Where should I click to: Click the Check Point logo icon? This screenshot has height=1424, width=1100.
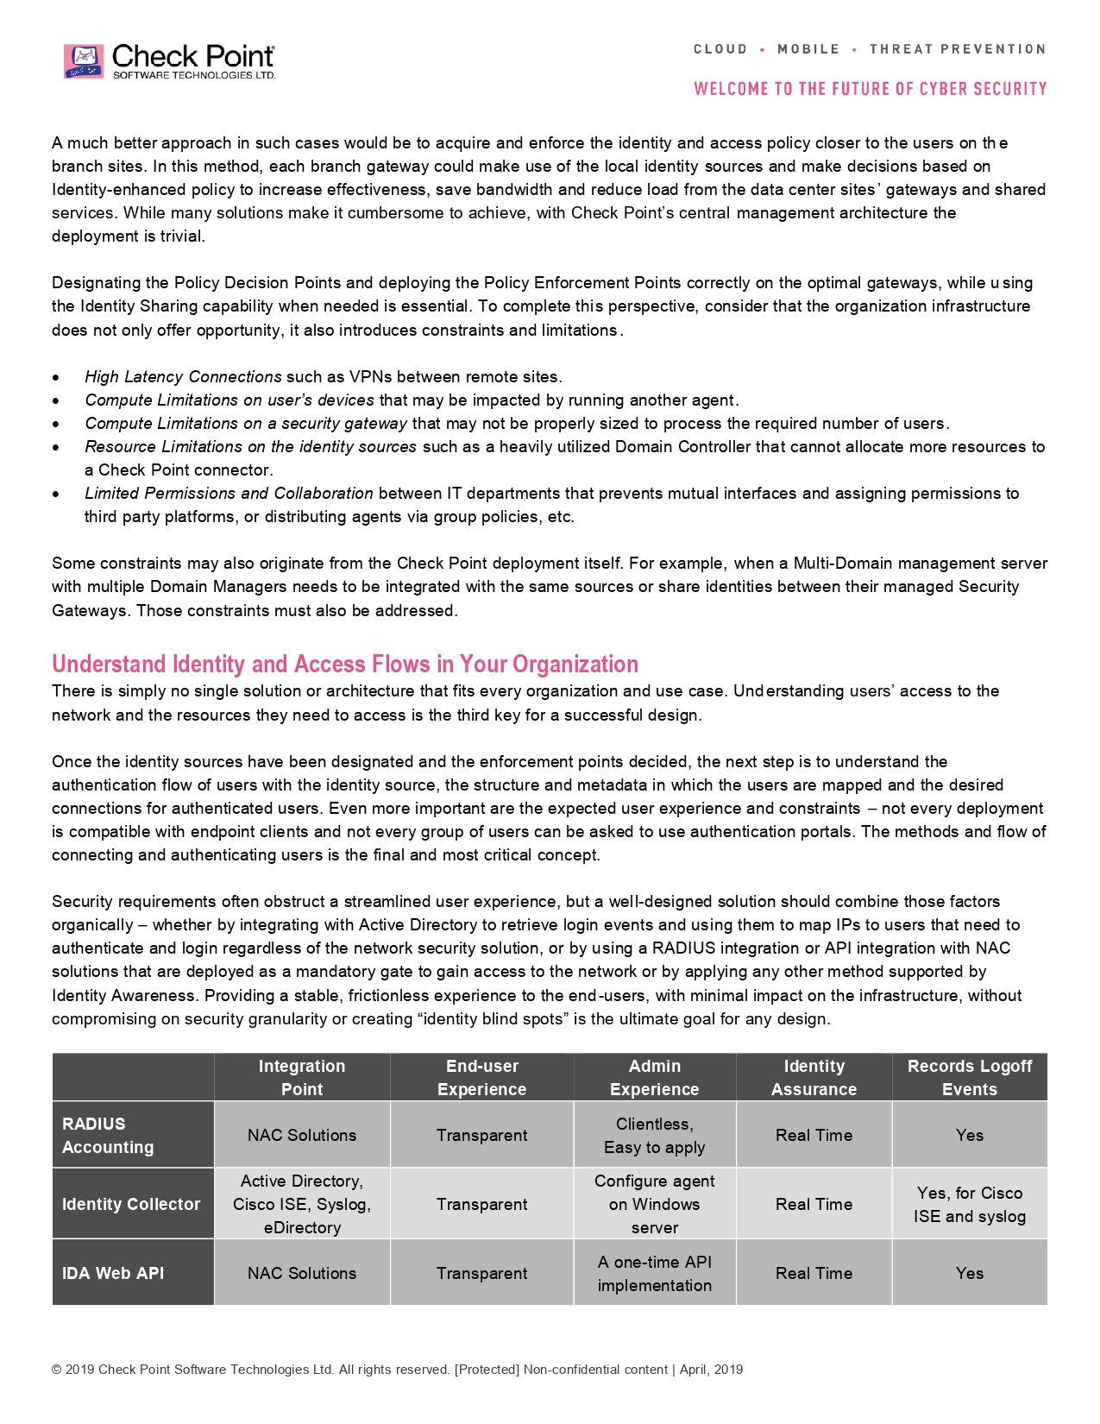pos(84,61)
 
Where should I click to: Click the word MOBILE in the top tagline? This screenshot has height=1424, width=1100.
pos(808,49)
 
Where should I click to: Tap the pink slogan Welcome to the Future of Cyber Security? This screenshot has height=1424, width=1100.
pos(870,89)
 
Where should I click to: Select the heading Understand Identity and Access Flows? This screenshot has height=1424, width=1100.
pos(344,664)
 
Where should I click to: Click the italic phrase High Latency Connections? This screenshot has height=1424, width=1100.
pos(183,377)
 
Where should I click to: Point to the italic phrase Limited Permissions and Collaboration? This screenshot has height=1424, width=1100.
pos(229,494)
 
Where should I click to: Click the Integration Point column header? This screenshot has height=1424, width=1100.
pos(302,1077)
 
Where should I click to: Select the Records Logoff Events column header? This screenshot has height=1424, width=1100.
pos(969,1077)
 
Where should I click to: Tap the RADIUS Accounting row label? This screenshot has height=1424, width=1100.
pos(107,1135)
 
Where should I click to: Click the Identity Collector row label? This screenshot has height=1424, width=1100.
pos(131,1204)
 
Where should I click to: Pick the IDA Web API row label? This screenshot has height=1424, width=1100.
pos(113,1273)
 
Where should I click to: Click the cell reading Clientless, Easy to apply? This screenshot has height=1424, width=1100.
pos(654,1135)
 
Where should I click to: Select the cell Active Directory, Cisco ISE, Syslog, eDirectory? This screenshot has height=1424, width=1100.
pos(302,1204)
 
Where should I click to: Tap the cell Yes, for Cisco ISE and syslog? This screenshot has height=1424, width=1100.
pos(969,1204)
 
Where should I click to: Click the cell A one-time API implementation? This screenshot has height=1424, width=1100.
pos(654,1273)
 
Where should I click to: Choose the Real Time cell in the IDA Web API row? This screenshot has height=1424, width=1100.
pos(814,1273)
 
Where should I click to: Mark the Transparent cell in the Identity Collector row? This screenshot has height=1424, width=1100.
pos(481,1204)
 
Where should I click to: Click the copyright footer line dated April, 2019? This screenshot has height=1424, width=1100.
pos(397,1370)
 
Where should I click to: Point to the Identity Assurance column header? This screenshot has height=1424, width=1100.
pos(814,1077)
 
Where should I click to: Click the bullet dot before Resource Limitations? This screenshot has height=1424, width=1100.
pos(56,448)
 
